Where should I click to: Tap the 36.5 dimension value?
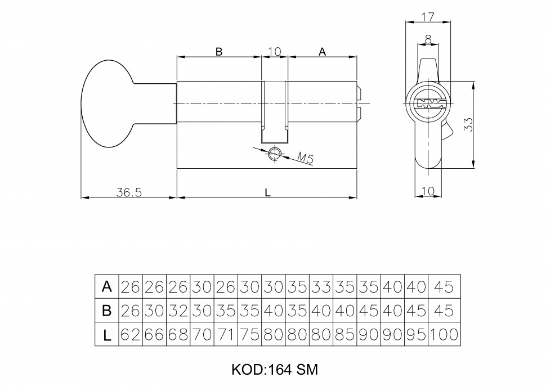[x=128, y=192]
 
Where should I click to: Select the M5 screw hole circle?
[x=275, y=153]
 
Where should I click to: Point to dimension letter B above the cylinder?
[x=219, y=51]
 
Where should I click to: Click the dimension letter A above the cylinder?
[x=322, y=51]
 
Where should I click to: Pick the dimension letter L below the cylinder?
[x=268, y=192]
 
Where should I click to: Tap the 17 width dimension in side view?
[x=428, y=16]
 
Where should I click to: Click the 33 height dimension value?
[x=468, y=124]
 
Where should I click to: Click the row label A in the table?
[x=106, y=286]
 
